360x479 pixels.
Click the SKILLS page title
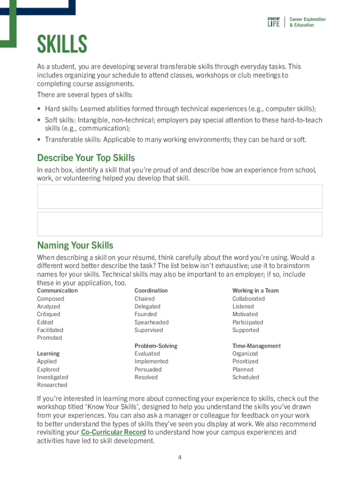pyautogui.click(x=62, y=45)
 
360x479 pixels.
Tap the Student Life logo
pyautogui.click(x=274, y=22)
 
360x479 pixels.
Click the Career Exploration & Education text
pyautogui.click(x=307, y=22)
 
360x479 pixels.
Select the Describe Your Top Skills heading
pyautogui.click(x=86, y=158)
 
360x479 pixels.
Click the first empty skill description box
pyautogui.click(x=180, y=196)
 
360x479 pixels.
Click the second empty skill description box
pyautogui.click(x=180, y=224)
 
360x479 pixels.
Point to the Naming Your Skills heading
pyautogui.click(x=75, y=246)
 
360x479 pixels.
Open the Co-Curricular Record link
pyautogui.click(x=114, y=432)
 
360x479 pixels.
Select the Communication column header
pyautogui.click(x=57, y=290)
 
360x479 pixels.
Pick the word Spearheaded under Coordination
pyautogui.click(x=151, y=322)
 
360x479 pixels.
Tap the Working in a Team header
pyautogui.click(x=255, y=290)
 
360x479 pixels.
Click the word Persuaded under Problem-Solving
pyautogui.click(x=148, y=370)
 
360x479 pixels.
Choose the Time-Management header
pyautogui.click(x=256, y=346)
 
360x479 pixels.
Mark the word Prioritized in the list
pyautogui.click(x=245, y=362)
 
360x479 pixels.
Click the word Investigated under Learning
pyautogui.click(x=52, y=377)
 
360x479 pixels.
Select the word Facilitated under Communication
pyautogui.click(x=50, y=330)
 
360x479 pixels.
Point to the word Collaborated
pyautogui.click(x=248, y=298)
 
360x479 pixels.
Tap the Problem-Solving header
pyautogui.click(x=156, y=346)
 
